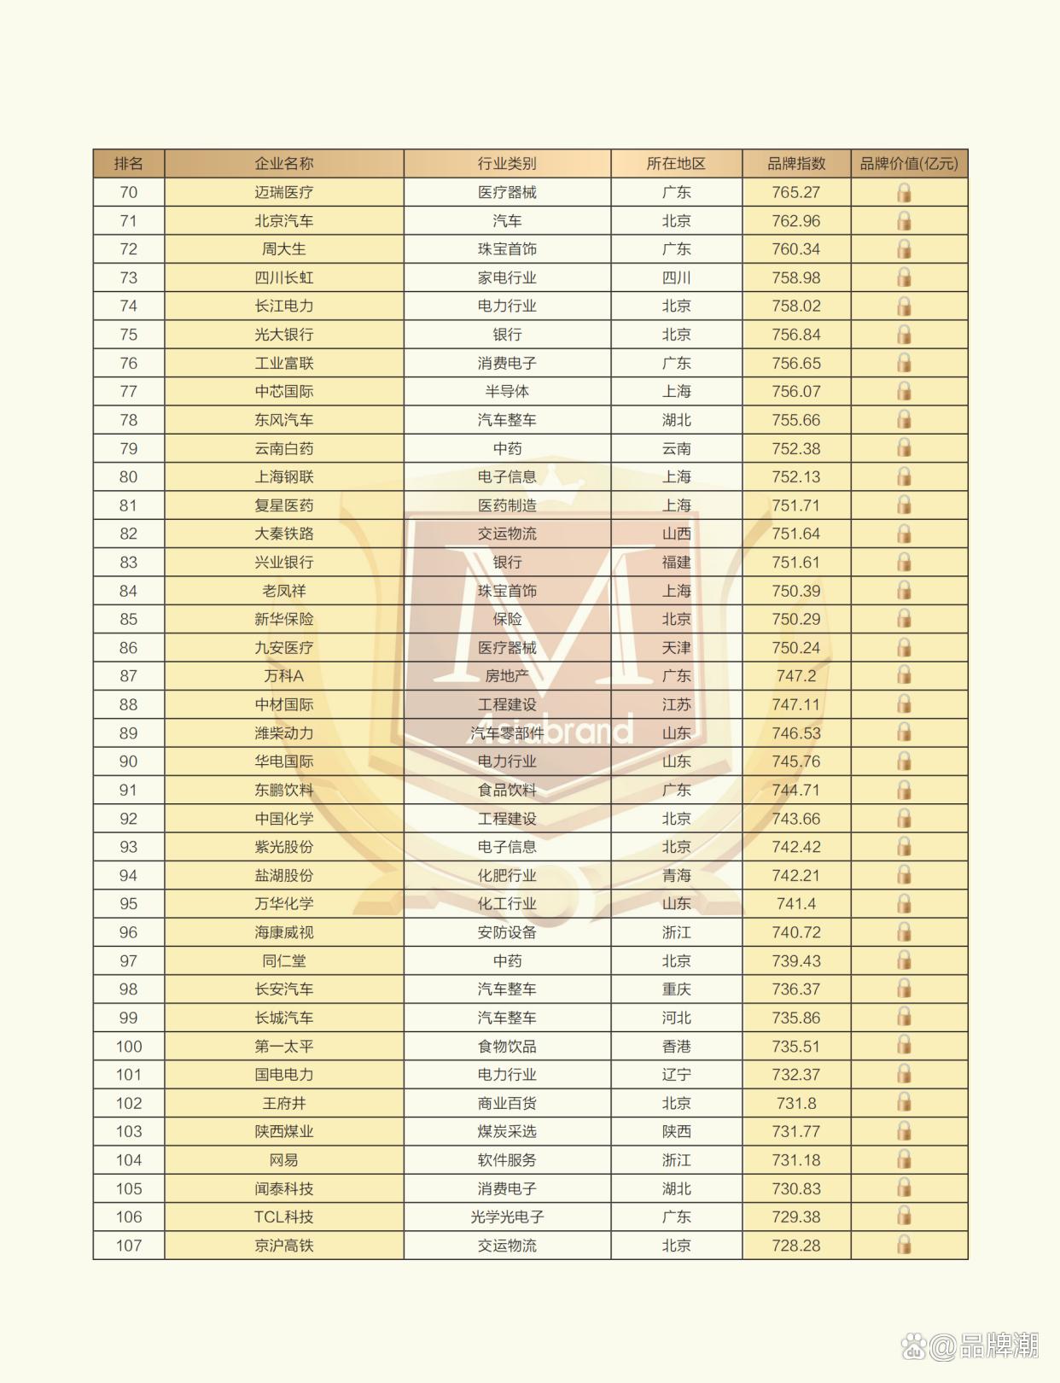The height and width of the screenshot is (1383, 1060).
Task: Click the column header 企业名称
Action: pyautogui.click(x=283, y=163)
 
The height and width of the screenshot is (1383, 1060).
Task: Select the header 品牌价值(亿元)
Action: pyautogui.click(x=908, y=163)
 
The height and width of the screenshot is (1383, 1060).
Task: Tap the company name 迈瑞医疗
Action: pyautogui.click(x=283, y=192)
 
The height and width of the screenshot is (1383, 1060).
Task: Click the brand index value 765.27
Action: pyautogui.click(x=795, y=192)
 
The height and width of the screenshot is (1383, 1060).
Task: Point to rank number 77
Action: pyautogui.click(x=128, y=391)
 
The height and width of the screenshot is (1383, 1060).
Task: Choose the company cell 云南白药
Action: pyautogui.click(x=283, y=448)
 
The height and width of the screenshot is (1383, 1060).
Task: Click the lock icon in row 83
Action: pyautogui.click(x=904, y=562)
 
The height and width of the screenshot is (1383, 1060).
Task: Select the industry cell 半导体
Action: pyautogui.click(x=507, y=391)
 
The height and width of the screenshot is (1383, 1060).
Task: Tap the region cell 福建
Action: pyautogui.click(x=676, y=562)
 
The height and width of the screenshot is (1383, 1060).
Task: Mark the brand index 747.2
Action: pyautogui.click(x=795, y=676)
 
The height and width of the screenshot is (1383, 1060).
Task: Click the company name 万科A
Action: pyautogui.click(x=283, y=676)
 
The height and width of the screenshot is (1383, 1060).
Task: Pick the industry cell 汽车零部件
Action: pyautogui.click(x=507, y=732)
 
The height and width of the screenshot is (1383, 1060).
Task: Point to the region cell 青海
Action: pyautogui.click(x=676, y=875)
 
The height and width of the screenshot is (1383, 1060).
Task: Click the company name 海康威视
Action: pyautogui.click(x=283, y=932)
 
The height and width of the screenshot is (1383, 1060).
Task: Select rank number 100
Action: pyautogui.click(x=129, y=1046)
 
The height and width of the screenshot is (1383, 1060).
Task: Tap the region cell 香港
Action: pyautogui.click(x=676, y=1046)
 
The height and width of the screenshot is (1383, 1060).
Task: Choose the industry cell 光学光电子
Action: pyautogui.click(x=507, y=1217)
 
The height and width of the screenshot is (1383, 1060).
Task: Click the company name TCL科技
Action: pyautogui.click(x=283, y=1217)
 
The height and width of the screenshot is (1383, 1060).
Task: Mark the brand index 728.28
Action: pyautogui.click(x=795, y=1246)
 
